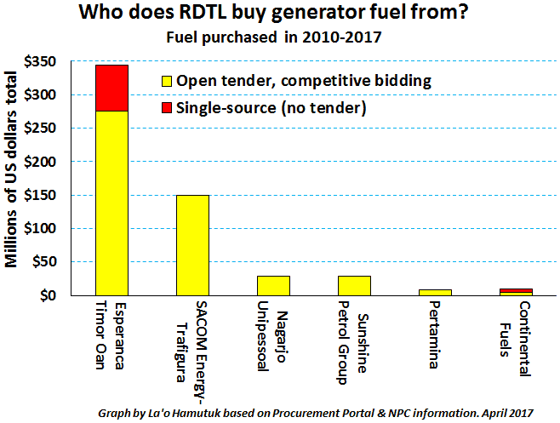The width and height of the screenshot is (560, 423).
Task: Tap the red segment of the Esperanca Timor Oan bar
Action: pos(111,88)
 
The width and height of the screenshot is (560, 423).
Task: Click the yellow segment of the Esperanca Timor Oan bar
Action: pos(111,203)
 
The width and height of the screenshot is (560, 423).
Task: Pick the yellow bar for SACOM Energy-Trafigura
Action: pos(192,245)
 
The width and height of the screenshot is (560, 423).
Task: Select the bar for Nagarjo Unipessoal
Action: pos(273,285)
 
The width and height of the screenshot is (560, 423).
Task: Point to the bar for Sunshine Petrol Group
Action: pos(354,285)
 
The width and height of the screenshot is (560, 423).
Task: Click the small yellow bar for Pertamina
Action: pos(435,292)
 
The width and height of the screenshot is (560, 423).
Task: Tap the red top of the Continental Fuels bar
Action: pos(516,290)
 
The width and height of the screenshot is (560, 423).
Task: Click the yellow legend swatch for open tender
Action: pos(166,82)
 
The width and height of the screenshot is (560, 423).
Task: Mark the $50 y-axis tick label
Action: pos(44,262)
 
